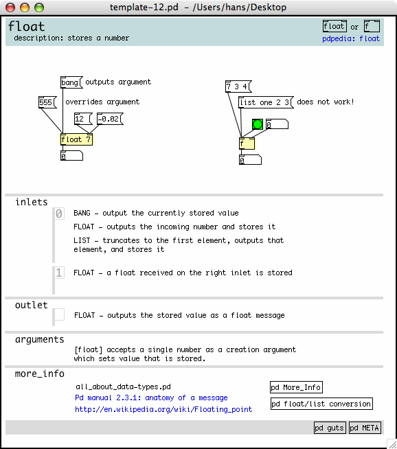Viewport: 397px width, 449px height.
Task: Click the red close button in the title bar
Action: coord(10,8)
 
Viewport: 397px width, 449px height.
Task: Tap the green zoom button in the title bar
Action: coord(39,8)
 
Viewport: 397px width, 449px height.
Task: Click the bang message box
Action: coord(71,82)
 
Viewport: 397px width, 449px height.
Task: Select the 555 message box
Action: coord(47,102)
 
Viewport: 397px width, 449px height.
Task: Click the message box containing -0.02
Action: coord(111,119)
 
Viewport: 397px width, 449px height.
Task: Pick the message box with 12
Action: coord(83,119)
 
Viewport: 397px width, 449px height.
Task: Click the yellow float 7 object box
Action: coord(76,139)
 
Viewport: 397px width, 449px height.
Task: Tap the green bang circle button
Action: coord(258,124)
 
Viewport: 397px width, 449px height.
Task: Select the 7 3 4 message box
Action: coord(238,87)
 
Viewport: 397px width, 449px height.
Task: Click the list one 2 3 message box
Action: coord(266,102)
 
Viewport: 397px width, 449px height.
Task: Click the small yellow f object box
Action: coord(247,143)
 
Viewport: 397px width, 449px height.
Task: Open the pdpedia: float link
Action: coord(351,38)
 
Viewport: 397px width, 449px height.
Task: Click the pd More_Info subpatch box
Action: coord(296,387)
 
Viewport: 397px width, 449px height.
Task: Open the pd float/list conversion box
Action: coord(321,404)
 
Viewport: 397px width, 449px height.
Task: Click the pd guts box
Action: coord(330,428)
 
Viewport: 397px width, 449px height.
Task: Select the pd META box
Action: coord(365,428)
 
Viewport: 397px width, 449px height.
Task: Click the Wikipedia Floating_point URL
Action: coord(163,409)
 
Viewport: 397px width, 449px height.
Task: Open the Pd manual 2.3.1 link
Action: coord(151,398)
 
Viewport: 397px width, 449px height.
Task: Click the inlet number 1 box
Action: coord(58,273)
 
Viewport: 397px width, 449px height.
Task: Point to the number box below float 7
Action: coord(71,156)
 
